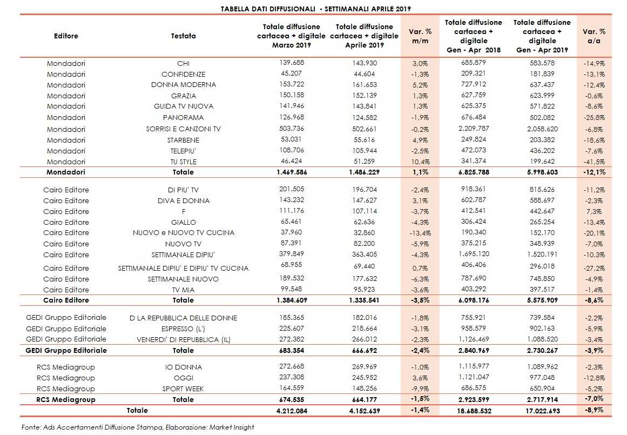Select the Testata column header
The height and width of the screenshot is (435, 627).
coord(183,36)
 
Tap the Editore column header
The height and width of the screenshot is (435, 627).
coord(66,36)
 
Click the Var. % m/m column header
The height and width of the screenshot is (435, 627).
coord(420,36)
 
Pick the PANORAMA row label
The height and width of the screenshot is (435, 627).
coord(183,118)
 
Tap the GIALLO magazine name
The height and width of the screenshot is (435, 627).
coord(183,222)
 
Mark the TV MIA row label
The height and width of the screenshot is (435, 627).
coord(183,290)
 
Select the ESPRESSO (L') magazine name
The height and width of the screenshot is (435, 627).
coord(183,329)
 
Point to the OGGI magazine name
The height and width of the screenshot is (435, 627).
coord(183,378)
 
